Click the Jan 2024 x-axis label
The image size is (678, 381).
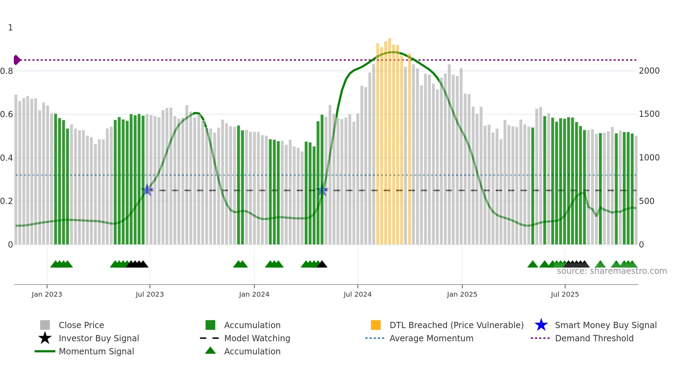click(x=254, y=294)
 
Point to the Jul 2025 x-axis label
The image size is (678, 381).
click(x=565, y=294)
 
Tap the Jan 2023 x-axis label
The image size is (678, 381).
click(x=47, y=294)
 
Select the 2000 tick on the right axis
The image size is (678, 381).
click(x=649, y=71)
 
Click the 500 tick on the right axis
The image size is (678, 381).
click(x=647, y=201)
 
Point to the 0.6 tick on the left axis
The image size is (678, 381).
click(x=7, y=114)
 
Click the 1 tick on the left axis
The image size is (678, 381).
click(x=10, y=28)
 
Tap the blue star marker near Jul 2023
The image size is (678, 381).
click(x=147, y=190)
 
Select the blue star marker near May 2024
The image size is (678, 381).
click(x=322, y=190)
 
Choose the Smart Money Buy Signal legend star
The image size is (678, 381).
click(x=541, y=325)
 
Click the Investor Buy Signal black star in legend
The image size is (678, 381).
click(x=45, y=338)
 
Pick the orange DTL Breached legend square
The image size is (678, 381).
click(x=376, y=325)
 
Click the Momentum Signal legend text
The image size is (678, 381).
click(x=96, y=351)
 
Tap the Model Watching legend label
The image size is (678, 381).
click(x=257, y=338)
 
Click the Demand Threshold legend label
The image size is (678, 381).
click(x=594, y=338)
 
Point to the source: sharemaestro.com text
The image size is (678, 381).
click(x=612, y=271)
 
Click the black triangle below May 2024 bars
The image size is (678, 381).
click(x=322, y=264)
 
